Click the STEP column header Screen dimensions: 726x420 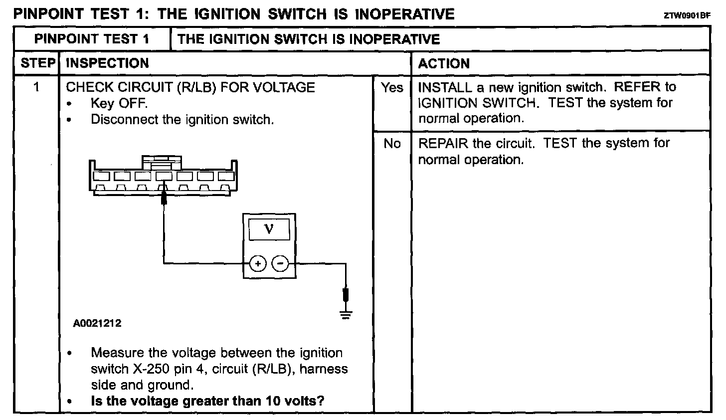37,63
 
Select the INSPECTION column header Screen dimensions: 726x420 107,63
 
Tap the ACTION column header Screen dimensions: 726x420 444,64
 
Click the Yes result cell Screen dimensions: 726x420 392,88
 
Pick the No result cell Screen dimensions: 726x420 392,144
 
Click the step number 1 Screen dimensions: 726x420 36,87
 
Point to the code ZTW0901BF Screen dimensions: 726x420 687,15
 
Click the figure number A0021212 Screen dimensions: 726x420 97,323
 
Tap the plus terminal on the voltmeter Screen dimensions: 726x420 257,264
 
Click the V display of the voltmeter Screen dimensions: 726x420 269,229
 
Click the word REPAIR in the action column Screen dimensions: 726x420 443,144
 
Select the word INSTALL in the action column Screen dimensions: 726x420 445,88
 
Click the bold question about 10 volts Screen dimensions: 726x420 207,401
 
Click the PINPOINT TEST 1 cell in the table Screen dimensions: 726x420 92,39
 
